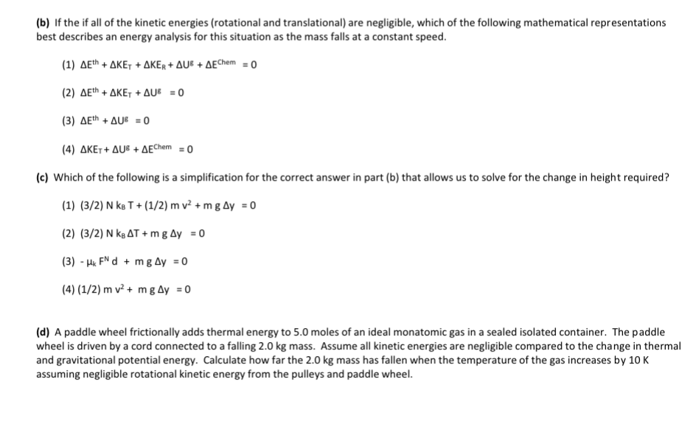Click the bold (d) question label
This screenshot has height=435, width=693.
(x=43, y=333)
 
